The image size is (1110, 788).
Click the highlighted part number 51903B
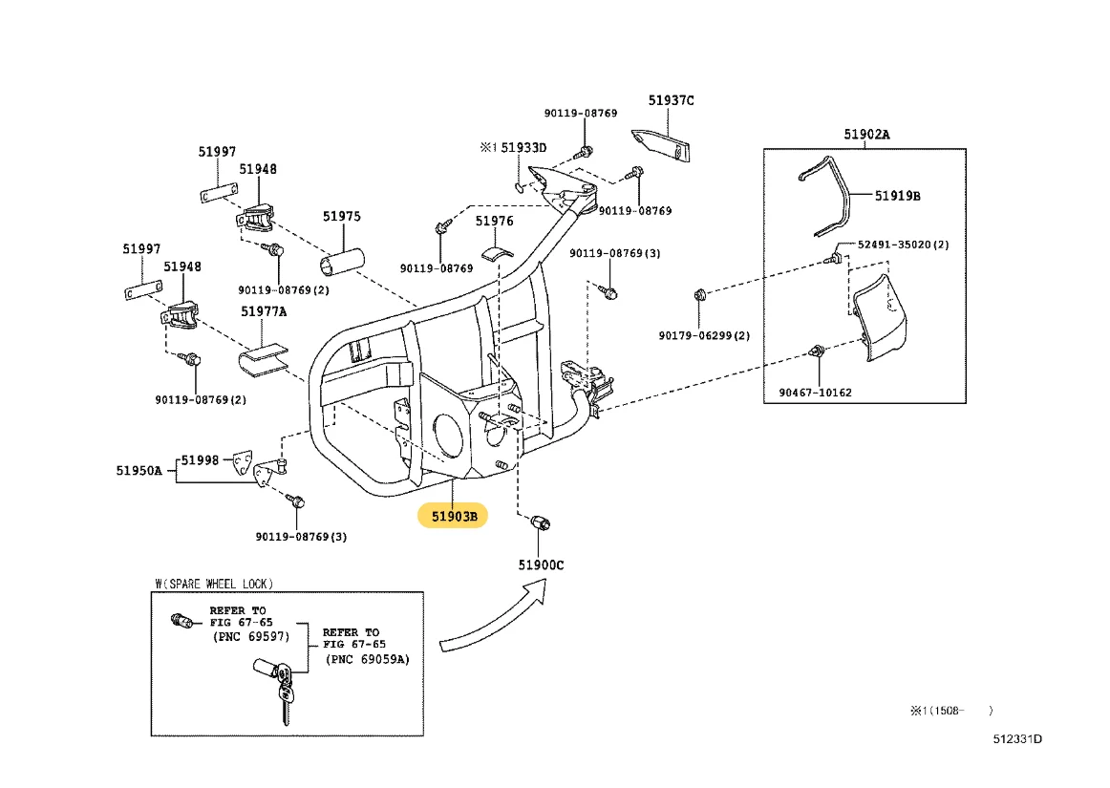(x=453, y=517)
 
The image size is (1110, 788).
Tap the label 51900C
(x=542, y=564)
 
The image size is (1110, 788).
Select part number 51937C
(x=672, y=100)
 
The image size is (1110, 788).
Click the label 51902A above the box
(x=866, y=135)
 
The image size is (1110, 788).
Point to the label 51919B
(x=898, y=196)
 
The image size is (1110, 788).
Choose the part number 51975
(x=341, y=217)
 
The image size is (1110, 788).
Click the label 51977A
(x=264, y=310)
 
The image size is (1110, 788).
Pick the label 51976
(x=495, y=221)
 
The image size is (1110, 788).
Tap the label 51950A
(x=139, y=470)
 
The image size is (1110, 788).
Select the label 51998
(x=201, y=460)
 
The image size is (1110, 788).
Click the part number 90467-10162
(x=814, y=393)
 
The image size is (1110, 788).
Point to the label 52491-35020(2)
(x=903, y=245)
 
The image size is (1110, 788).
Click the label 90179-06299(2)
(x=704, y=335)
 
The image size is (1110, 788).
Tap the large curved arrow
(x=497, y=622)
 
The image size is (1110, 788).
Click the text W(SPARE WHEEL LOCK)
(x=213, y=583)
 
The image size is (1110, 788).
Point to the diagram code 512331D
(x=1016, y=738)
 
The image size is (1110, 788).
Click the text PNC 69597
(x=250, y=637)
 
